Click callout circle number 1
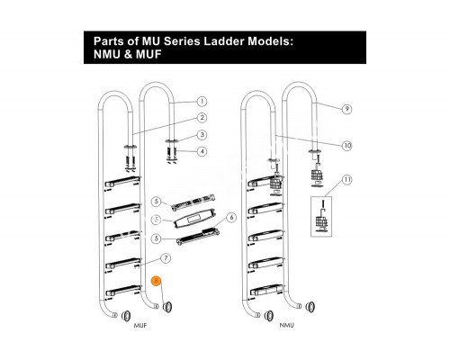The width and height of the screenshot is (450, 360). point(202,102)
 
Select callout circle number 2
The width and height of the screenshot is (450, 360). point(202,118)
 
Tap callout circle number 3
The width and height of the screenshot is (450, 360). point(202,135)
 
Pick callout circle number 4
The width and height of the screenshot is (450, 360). point(202,151)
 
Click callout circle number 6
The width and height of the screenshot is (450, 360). point(231,217)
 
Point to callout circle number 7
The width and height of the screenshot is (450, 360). point(166,258)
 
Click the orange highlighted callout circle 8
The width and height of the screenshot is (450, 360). point(157,281)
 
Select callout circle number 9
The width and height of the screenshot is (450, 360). point(347,109)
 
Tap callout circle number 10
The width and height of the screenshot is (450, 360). point(347,146)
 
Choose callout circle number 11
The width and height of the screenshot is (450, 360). point(347,180)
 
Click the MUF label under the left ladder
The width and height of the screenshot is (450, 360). point(140,325)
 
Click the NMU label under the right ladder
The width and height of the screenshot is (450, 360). point(287,325)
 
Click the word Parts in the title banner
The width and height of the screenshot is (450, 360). point(107,41)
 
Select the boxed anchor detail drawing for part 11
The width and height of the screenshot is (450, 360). point(321,216)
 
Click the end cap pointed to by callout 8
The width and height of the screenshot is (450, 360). point(167,307)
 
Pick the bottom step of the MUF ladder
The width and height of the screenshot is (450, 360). point(122,290)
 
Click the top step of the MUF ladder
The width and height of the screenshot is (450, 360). point(122,181)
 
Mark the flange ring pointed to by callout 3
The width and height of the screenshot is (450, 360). point(171,140)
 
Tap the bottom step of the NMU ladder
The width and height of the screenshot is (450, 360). point(267,289)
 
